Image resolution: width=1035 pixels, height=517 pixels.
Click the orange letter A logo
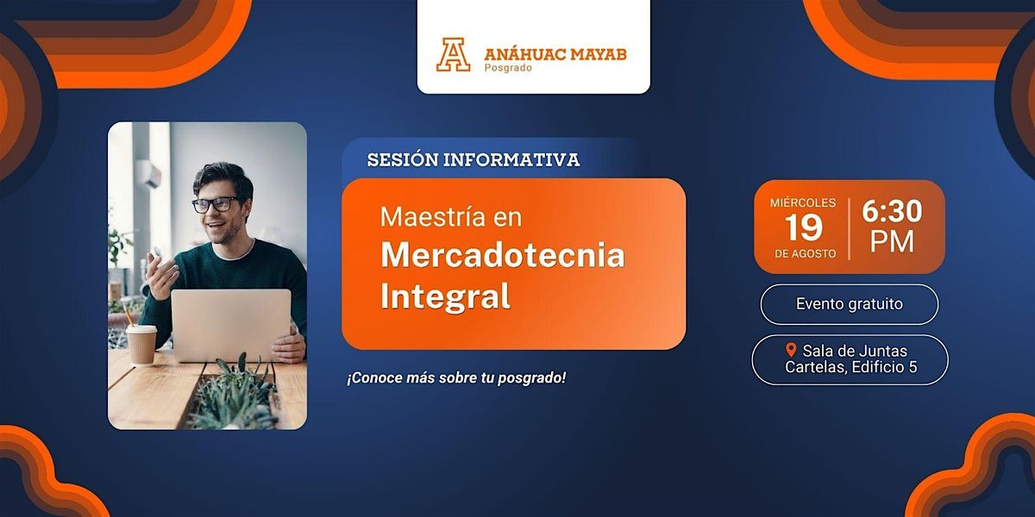pyautogui.click(x=454, y=54)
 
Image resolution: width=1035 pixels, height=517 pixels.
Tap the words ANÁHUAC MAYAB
pyautogui.click(x=555, y=54)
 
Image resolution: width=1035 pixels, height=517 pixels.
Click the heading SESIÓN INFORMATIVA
pyautogui.click(x=474, y=159)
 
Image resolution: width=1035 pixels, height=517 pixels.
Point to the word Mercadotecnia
pyautogui.click(x=503, y=255)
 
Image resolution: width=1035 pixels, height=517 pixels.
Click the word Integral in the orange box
pyautogui.click(x=445, y=296)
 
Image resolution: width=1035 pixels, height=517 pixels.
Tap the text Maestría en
pyautogui.click(x=451, y=216)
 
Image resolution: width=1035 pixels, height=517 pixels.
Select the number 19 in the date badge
pyautogui.click(x=804, y=227)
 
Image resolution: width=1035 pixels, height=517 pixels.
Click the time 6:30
pyautogui.click(x=892, y=211)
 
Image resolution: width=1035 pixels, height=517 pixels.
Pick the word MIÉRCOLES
pyautogui.click(x=803, y=202)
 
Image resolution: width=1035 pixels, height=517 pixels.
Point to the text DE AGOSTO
pyautogui.click(x=806, y=253)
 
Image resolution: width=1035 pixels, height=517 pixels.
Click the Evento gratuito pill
pyautogui.click(x=850, y=304)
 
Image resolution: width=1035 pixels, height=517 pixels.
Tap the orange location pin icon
pyautogui.click(x=791, y=350)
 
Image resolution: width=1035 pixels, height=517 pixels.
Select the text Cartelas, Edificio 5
pyautogui.click(x=851, y=367)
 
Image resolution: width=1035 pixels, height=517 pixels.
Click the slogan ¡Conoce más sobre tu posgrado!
pyautogui.click(x=456, y=378)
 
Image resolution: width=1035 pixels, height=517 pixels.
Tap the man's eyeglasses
pyautogui.click(x=216, y=204)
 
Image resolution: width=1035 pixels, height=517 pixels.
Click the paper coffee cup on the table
pyautogui.click(x=141, y=345)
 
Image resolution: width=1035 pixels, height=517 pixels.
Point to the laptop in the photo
pyautogui.click(x=231, y=326)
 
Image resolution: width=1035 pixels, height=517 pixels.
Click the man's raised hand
pyautogui.click(x=161, y=276)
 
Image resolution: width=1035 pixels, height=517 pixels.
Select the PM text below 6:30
pyautogui.click(x=892, y=241)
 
